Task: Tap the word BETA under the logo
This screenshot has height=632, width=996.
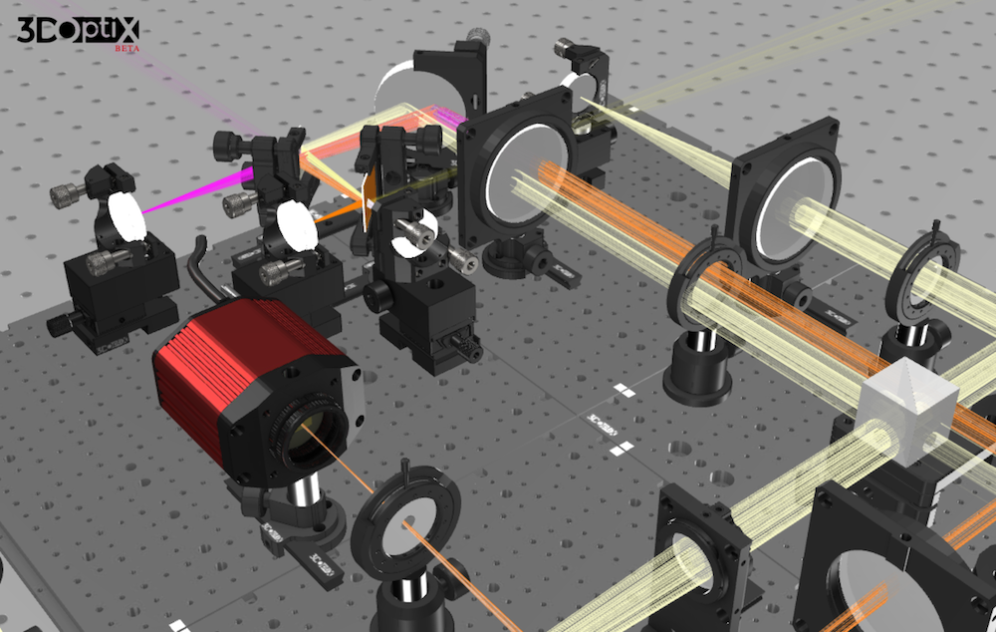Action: [125, 48]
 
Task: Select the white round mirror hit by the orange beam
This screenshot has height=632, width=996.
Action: [296, 225]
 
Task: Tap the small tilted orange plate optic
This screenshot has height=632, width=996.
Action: [370, 195]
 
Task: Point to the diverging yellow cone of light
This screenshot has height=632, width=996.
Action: [677, 145]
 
